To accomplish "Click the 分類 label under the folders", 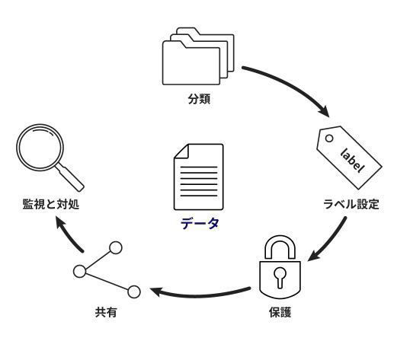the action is coord(199,99).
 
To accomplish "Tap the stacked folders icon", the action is coord(198,56).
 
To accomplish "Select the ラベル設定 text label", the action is coord(351,204).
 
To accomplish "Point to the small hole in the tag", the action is coord(329,139).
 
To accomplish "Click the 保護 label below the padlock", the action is coord(280,312).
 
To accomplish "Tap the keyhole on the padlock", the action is coord(280,276).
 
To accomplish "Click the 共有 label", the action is coord(106,312).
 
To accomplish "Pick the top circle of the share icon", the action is coord(116,248).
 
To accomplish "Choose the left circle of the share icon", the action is coord(80,271).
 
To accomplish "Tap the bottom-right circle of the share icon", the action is coord(133,292).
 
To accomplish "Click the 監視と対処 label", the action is coord(51,204).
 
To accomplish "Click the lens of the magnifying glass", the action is coord(40,148).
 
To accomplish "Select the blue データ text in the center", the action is coord(200,224).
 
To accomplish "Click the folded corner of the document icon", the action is coord(181,151).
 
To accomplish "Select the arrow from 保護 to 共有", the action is coord(200,295).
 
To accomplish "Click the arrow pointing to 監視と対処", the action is coord(69,234).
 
